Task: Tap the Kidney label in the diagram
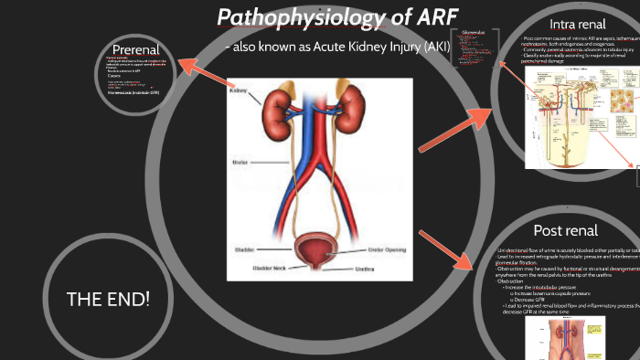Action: tap(239, 91)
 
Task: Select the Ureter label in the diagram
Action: tap(240, 162)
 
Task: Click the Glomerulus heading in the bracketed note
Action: tap(473, 31)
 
